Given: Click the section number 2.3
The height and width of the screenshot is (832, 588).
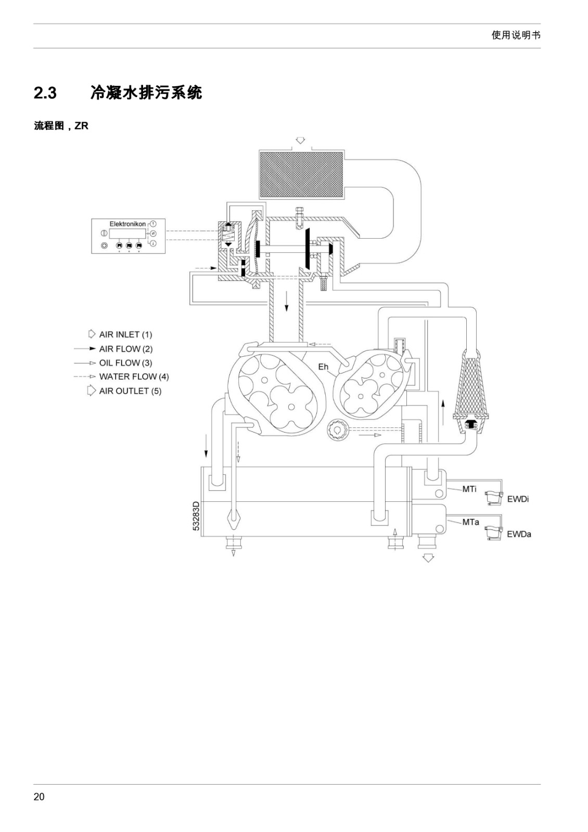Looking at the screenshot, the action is tap(45, 93).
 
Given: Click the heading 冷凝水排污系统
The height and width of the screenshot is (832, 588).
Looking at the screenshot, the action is tap(146, 93).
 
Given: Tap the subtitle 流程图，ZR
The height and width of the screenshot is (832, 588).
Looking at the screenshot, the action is tap(61, 126).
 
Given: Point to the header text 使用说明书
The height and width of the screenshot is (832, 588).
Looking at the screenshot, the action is tap(516, 35).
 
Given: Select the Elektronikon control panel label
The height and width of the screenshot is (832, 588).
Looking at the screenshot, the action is tap(127, 224).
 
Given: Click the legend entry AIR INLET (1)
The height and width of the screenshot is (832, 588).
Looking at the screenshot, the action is tap(125, 334).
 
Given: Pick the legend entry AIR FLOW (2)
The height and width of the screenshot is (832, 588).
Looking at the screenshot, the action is tap(125, 349).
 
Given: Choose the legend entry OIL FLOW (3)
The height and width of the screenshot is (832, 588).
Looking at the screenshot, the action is tap(125, 362).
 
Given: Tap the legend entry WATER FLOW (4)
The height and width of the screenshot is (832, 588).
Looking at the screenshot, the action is tap(134, 376).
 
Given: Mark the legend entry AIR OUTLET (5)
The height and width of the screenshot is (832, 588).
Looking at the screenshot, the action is tap(130, 391).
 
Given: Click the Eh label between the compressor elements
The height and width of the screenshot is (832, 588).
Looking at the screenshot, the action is tap(323, 367).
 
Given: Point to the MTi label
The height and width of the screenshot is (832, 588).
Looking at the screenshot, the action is tap(469, 489).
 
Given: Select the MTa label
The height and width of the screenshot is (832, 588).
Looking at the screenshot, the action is tap(470, 522).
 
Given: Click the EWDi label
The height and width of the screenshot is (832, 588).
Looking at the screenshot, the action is tap(518, 499).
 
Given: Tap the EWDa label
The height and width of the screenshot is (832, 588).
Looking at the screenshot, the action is tap(519, 534).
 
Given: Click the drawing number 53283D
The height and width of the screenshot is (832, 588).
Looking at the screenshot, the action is tap(196, 516).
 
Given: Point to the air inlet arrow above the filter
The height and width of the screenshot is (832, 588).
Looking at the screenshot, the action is tap(300, 140).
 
